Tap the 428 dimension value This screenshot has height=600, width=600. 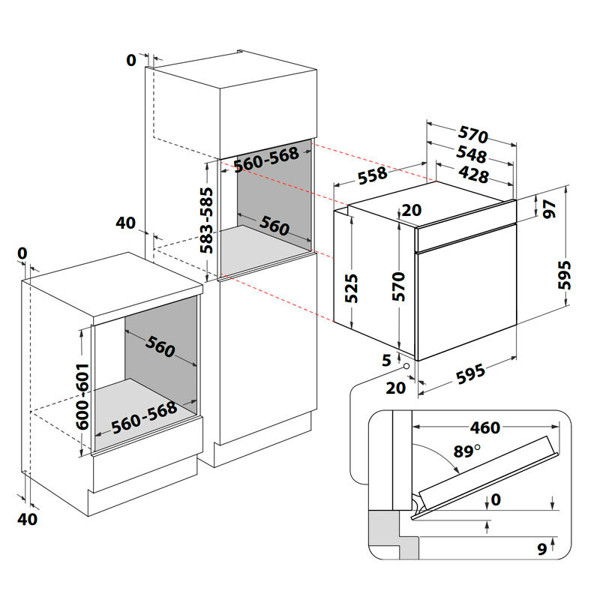click(473, 176)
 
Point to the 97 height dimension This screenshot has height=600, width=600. click(549, 208)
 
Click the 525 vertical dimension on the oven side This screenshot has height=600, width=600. click(352, 288)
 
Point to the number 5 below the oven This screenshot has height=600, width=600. click(387, 360)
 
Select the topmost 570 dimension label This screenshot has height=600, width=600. click(472, 136)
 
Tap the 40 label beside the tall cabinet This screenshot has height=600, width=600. click(125, 223)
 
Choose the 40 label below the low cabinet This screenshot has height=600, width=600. click(27, 518)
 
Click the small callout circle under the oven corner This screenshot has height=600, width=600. click(406, 367)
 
